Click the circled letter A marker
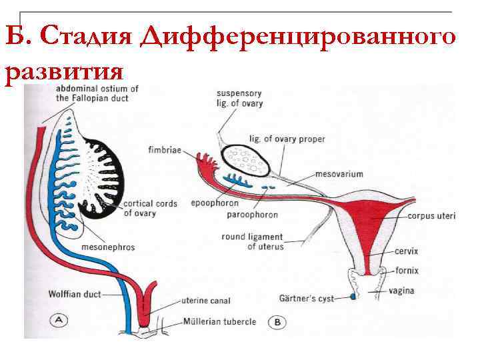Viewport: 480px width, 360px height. pyautogui.click(x=60, y=321)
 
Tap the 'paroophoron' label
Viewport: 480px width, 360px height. pyautogui.click(x=251, y=215)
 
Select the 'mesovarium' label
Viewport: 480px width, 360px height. pyautogui.click(x=339, y=174)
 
